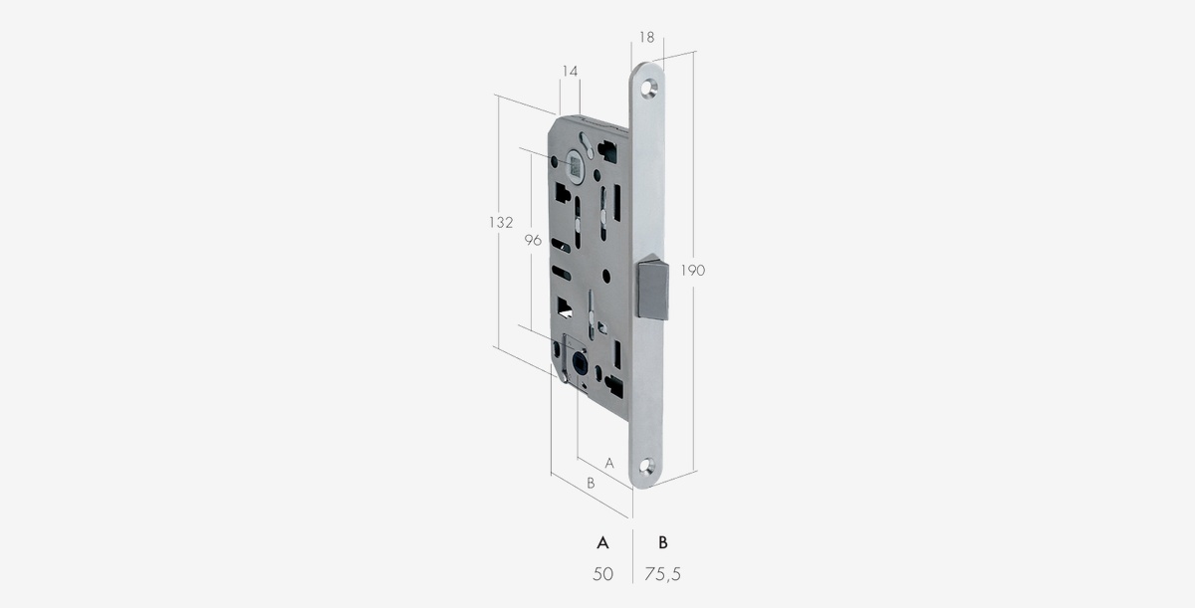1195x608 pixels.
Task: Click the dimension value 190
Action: [692, 271]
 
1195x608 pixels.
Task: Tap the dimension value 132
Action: [501, 222]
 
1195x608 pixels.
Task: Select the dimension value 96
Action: [533, 241]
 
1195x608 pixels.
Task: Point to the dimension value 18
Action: [646, 37]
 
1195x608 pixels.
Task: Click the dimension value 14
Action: [570, 71]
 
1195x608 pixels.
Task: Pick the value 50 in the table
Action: [602, 574]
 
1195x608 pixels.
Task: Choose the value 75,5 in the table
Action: [662, 574]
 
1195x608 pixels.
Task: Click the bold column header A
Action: [602, 543]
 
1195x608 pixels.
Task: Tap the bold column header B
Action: [663, 543]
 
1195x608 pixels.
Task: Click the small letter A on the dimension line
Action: [609, 464]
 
